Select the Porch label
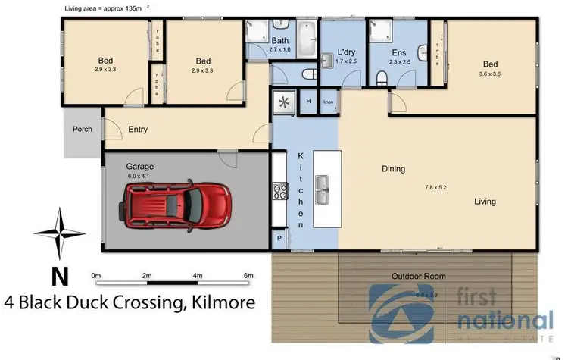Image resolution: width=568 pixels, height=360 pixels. point(83,130)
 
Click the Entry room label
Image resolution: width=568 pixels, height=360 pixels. point(138,130)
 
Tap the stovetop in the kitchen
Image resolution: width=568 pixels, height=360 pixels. point(278,190)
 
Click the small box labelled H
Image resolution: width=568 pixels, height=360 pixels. point(309,102)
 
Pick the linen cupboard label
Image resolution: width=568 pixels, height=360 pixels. point(328,102)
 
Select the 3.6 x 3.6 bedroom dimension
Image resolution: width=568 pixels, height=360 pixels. point(490,74)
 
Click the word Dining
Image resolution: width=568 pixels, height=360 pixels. point(393,169)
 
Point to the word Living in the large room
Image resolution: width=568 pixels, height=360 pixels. point(485,202)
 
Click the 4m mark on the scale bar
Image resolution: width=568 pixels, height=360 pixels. point(197,275)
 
